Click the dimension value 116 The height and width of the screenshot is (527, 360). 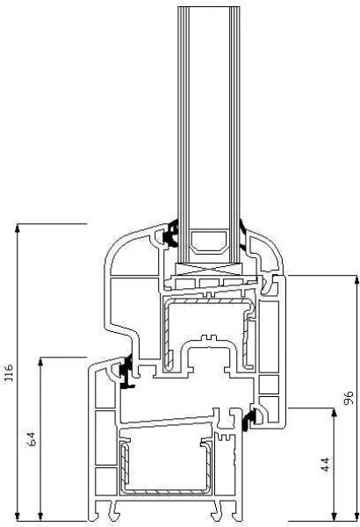pyautogui.click(x=10, y=379)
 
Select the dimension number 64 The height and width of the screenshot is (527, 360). pyautogui.click(x=32, y=439)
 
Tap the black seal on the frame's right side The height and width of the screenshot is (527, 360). pyautogui.click(x=252, y=419)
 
